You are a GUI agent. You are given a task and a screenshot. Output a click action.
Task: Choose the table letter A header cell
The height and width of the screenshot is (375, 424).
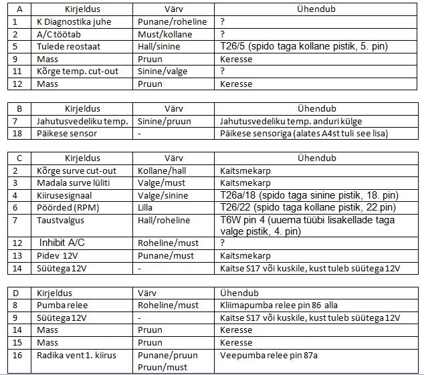(x=19, y=9)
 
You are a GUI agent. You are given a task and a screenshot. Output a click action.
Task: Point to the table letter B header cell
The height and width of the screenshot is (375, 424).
(x=19, y=108)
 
